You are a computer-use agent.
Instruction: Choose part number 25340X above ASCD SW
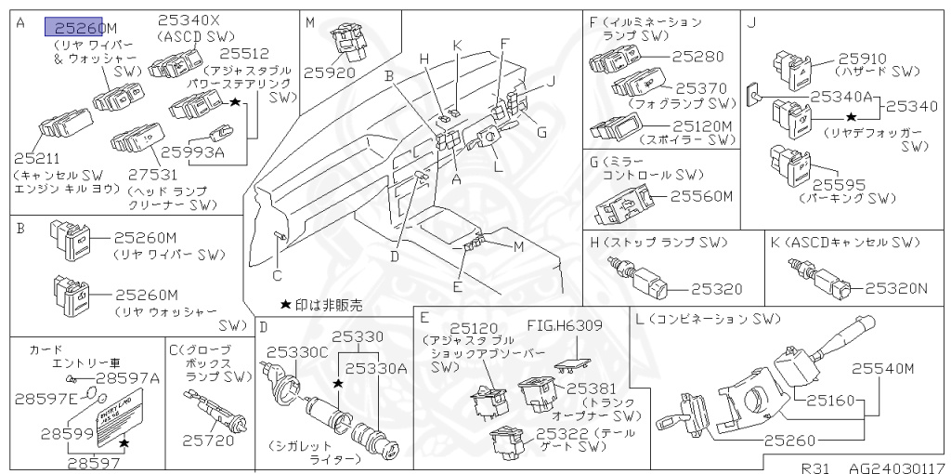(189, 20)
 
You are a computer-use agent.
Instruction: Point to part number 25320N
(896, 288)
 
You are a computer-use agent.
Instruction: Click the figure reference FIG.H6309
(565, 326)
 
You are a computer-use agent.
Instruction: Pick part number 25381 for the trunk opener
(590, 388)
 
